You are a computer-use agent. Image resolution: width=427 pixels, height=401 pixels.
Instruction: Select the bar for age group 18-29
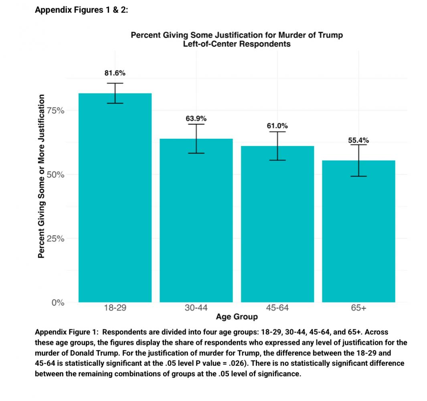tap(115, 200)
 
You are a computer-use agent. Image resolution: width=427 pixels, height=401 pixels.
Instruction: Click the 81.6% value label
tap(115, 73)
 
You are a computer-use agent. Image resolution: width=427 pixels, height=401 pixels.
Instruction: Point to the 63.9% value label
tap(196, 118)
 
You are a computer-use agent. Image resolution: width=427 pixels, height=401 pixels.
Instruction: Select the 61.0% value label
tap(277, 126)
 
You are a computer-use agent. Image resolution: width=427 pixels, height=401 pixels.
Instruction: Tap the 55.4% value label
tap(358, 140)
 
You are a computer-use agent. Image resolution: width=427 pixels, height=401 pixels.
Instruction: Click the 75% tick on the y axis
tap(58, 111)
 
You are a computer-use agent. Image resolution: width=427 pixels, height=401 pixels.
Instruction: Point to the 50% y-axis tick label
tap(58, 175)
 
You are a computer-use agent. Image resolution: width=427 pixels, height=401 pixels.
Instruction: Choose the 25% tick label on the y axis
tap(58, 239)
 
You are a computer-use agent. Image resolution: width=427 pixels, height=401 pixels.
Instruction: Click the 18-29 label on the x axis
tap(115, 308)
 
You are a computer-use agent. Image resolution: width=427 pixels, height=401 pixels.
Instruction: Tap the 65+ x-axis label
tap(358, 308)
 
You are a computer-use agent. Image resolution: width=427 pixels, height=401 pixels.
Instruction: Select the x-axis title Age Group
tap(237, 317)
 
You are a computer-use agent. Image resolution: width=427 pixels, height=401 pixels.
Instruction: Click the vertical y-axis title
tap(40, 176)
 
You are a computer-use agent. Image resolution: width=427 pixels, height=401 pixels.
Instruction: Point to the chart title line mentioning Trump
tap(237, 35)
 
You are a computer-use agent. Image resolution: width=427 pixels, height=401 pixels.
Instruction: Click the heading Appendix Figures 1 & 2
tap(81, 10)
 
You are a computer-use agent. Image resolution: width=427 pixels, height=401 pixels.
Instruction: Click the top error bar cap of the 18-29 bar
tap(115, 83)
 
